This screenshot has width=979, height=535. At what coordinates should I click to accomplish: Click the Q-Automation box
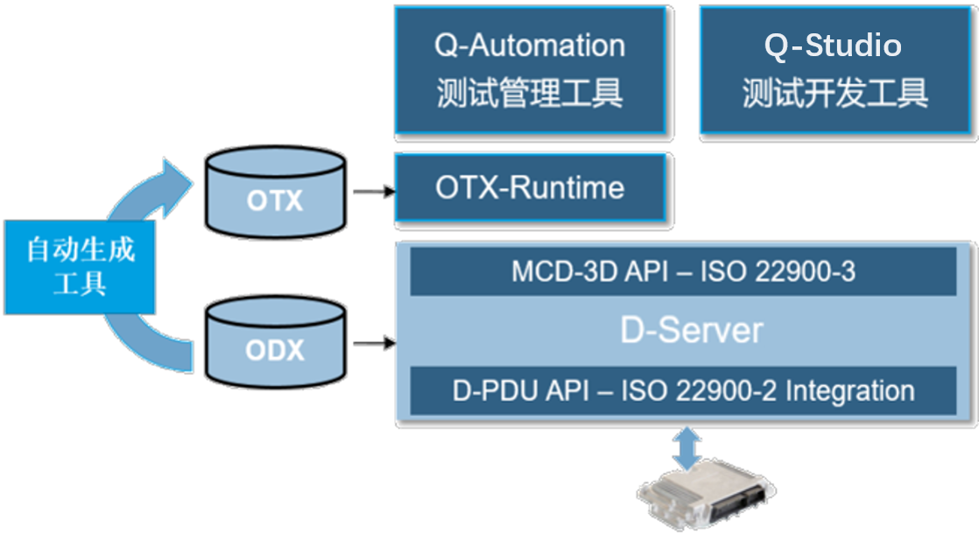531,70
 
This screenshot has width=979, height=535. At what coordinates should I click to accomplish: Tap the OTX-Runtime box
531,188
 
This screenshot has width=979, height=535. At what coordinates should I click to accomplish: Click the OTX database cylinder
275,193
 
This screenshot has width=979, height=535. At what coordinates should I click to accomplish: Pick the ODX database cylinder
275,342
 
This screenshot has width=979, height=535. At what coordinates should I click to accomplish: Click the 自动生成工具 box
80,266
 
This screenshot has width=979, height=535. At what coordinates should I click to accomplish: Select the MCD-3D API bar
683,271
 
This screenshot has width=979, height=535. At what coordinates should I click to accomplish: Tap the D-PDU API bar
683,391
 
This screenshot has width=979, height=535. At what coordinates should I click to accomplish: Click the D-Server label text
692,330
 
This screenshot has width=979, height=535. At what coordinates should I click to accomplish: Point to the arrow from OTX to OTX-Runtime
375,191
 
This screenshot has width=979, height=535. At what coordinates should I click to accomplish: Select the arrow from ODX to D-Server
375,342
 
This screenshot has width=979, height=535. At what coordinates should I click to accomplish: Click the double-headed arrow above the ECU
687,448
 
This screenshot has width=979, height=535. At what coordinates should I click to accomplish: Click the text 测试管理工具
530,94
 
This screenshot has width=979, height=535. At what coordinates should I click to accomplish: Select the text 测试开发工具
835,94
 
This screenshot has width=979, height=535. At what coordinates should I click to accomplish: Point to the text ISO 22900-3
778,271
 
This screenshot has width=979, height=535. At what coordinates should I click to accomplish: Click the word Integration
849,391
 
